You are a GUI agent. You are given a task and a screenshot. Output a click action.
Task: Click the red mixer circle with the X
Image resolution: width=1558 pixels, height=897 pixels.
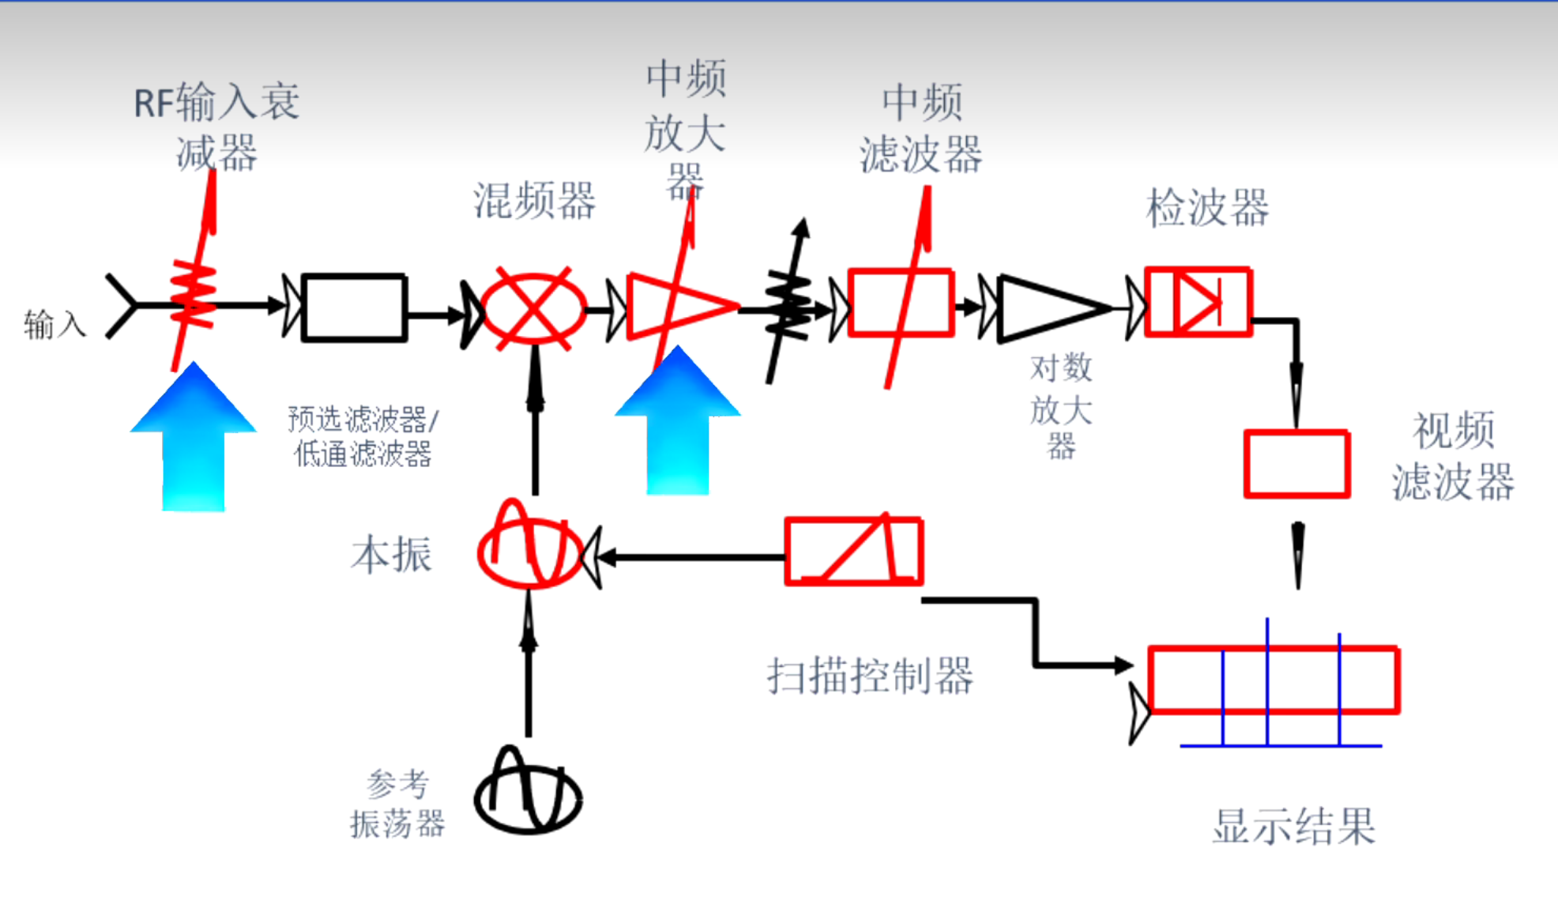[533, 308]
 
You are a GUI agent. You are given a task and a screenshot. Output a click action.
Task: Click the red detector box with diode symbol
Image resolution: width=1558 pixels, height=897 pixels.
[1198, 302]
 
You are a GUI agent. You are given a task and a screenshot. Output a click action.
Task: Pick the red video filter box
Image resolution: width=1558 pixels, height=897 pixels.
[1296, 464]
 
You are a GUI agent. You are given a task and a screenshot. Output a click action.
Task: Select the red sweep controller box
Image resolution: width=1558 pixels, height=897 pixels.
[854, 552]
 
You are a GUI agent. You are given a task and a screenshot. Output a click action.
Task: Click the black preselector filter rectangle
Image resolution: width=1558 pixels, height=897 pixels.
[355, 307]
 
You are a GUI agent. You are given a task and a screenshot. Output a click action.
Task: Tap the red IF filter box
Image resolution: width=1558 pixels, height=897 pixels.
[901, 303]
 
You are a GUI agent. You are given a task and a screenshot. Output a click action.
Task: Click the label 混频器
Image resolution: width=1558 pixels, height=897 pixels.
[534, 201]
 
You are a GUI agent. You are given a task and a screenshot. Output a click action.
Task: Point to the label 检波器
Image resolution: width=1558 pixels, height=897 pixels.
[1207, 209]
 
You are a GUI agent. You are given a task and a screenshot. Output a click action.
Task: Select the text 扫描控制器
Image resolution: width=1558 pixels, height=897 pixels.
[870, 677]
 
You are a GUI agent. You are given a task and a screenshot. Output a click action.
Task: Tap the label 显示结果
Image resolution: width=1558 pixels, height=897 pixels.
[1294, 827]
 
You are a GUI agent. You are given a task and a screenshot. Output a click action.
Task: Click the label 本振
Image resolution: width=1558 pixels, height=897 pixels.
[392, 554]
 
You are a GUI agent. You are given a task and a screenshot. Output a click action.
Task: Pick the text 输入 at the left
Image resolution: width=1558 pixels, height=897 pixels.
[55, 325]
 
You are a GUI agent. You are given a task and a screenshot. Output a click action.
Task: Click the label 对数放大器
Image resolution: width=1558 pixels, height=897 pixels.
[1061, 407]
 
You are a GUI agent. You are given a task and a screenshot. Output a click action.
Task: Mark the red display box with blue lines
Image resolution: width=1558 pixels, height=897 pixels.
[1274, 680]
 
